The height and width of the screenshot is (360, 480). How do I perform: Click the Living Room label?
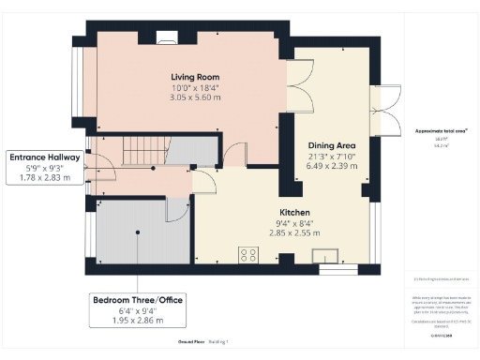pyautogui.click(x=195, y=75)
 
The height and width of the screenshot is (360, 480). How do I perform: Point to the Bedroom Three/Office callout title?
pyautogui.click(x=137, y=300)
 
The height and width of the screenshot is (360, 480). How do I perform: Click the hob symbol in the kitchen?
pyautogui.click(x=249, y=253)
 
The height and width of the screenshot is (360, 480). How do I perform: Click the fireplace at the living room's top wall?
pyautogui.click(x=167, y=38)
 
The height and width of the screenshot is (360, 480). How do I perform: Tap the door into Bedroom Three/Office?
pyautogui.click(x=174, y=210)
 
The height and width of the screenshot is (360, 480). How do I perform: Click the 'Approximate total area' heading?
pyautogui.click(x=436, y=131)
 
